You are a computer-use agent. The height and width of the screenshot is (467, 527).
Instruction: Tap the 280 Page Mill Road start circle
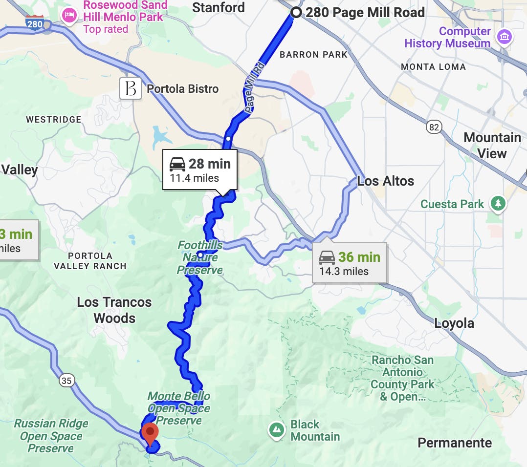pyautogui.click(x=296, y=13)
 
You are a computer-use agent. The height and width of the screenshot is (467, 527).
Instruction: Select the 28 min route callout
pyautogui.click(x=199, y=170)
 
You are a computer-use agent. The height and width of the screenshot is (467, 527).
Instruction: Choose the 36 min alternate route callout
pyautogui.click(x=350, y=263)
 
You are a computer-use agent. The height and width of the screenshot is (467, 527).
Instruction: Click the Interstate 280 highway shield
pyautogui.click(x=35, y=23)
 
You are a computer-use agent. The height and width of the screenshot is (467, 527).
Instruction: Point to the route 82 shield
pyautogui.click(x=433, y=127)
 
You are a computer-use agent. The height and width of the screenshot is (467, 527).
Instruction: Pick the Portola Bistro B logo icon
pyautogui.click(x=131, y=89)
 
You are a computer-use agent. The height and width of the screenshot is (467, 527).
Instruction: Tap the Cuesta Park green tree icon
pyautogui.click(x=498, y=204)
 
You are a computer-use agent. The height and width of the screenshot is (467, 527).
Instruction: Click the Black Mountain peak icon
pyautogui.click(x=277, y=430)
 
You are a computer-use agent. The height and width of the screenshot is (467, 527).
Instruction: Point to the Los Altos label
pyautogui.click(x=385, y=181)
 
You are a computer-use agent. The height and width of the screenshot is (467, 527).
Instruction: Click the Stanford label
pyautogui.click(x=219, y=7)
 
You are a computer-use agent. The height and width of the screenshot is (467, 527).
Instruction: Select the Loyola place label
pyautogui.click(x=454, y=323)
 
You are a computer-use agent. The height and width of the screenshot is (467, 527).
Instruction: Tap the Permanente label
pyautogui.click(x=455, y=443)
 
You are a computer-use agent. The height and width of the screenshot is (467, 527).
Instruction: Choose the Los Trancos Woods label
pyautogui.click(x=114, y=310)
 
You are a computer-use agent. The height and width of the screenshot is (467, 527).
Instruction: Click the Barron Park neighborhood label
pyautogui.click(x=313, y=55)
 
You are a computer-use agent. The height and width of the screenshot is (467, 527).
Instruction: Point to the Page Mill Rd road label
pyautogui.click(x=255, y=88)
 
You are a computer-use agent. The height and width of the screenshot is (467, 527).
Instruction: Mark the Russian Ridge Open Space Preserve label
pyautogui.click(x=51, y=436)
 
